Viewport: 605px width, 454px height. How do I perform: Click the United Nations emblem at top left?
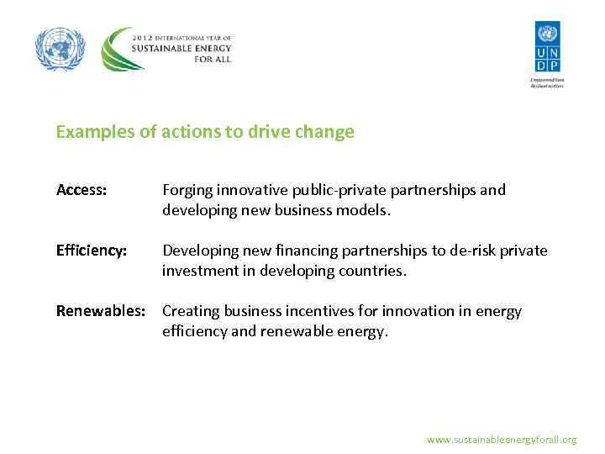pyautogui.click(x=60, y=49)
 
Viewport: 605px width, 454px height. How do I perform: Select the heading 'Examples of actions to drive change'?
pyautogui.click(x=205, y=132)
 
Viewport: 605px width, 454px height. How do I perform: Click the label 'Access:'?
pyautogui.click(x=82, y=190)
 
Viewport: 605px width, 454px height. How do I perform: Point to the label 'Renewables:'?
pyautogui.click(x=100, y=311)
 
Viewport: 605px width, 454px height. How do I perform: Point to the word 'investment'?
pyautogui.click(x=199, y=271)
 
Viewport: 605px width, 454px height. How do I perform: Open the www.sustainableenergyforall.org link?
pyautogui.click(x=501, y=440)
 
